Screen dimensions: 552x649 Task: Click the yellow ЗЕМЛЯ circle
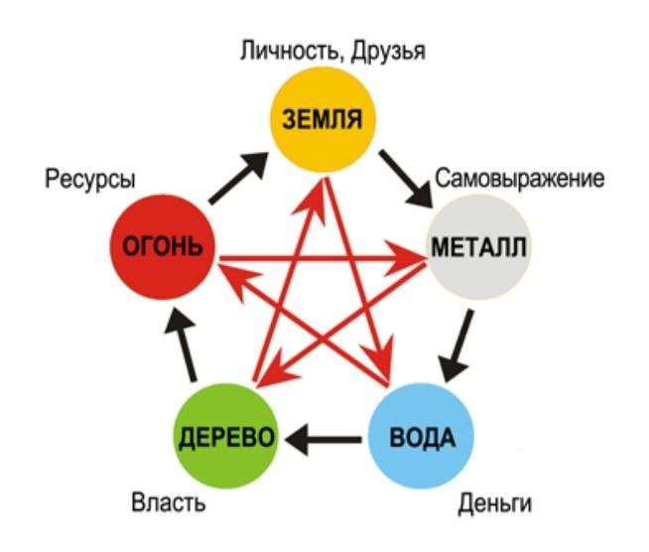coord(324,119)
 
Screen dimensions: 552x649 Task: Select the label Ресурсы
coord(90,180)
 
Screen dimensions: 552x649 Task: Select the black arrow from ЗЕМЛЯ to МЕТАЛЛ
coord(406,177)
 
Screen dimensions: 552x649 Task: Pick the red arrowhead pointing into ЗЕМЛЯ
coord(320,185)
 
